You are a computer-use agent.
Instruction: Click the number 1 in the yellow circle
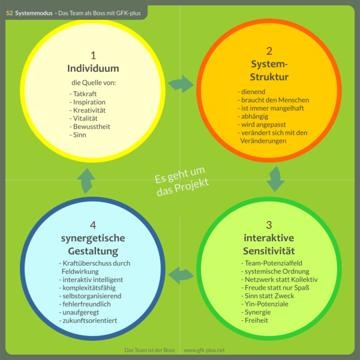point(93,55)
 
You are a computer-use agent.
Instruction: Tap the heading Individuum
point(93,68)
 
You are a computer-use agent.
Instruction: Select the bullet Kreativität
point(88,110)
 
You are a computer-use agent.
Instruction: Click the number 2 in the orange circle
point(269,51)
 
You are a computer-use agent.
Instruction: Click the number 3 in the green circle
point(269,225)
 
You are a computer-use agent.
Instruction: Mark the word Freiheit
point(256,320)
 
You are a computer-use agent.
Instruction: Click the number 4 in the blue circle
point(93,225)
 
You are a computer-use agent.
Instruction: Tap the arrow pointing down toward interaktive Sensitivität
point(276,178)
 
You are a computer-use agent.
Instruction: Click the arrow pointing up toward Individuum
point(86,180)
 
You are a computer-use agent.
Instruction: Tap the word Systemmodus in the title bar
point(33,12)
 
